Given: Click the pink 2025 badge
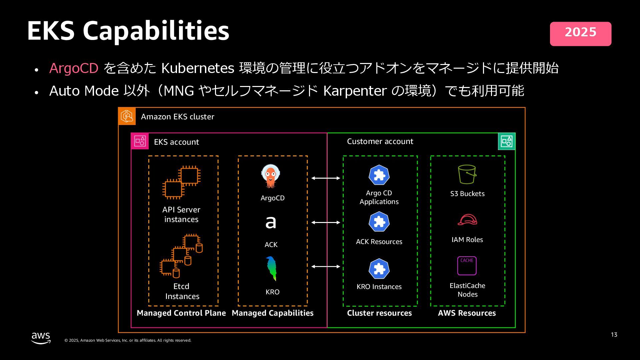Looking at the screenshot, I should (x=580, y=34).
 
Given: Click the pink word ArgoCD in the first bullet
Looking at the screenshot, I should (x=74, y=68).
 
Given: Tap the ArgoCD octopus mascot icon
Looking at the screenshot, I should (x=271, y=176).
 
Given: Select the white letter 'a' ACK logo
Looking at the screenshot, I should (x=271, y=222).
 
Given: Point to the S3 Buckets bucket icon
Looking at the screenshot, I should (x=467, y=174).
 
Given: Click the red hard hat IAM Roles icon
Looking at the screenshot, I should (x=467, y=220).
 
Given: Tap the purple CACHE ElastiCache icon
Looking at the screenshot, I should (x=467, y=266).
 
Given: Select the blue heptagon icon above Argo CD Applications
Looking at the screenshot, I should (x=379, y=175).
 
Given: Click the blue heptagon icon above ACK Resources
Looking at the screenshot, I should (x=379, y=222).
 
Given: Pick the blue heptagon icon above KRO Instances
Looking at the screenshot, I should (x=379, y=269).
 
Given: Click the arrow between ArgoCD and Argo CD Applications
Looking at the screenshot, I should (x=326, y=178).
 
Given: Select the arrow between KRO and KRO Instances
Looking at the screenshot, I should (x=326, y=266).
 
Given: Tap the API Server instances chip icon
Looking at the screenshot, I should (x=181, y=182).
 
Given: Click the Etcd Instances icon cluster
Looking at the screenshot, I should (x=181, y=256).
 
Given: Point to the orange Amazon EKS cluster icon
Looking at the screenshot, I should (x=127, y=116).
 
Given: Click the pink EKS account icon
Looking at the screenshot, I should (x=140, y=141).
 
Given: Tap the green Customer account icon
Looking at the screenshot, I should (x=506, y=141).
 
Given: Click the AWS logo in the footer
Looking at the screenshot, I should (x=41, y=338).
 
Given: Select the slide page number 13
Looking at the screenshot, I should (x=614, y=335).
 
